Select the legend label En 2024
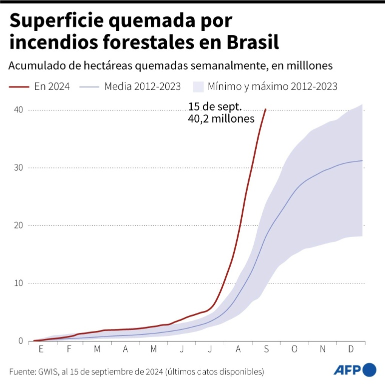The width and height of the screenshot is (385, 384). (52, 86)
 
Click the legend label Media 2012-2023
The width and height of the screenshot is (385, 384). (142, 86)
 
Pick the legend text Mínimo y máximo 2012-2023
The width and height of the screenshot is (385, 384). (273, 86)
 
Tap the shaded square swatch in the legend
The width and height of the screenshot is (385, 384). (198, 86)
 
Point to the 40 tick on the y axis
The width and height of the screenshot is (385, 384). (18, 109)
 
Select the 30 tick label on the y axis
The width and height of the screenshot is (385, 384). (18, 167)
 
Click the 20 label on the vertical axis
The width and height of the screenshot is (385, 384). (18, 225)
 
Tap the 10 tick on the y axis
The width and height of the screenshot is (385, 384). (18, 283)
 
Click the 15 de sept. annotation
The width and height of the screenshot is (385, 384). (215, 106)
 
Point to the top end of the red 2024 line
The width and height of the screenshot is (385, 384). (266, 109)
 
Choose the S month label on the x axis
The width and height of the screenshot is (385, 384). (266, 349)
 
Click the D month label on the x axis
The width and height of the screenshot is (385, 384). (351, 349)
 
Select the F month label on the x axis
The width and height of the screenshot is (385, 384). (69, 349)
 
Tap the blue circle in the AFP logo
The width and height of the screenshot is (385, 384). (370, 369)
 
